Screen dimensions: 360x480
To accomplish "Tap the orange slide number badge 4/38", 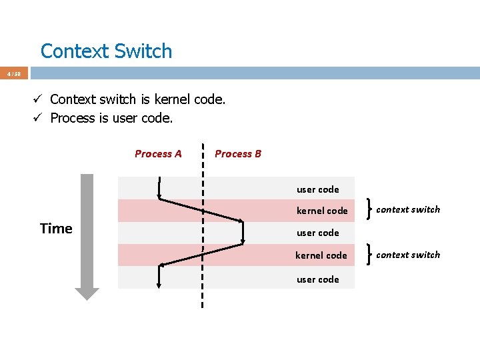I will (13, 74).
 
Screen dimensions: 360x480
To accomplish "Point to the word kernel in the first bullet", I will (172, 100).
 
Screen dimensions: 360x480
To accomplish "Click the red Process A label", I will (158, 154).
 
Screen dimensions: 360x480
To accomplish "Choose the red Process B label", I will (238, 154).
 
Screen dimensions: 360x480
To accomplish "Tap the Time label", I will (56, 229).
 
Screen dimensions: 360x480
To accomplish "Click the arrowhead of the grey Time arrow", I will (87, 293).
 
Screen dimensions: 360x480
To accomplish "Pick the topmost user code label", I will (317, 189).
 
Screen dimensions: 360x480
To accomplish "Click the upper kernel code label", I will (322, 211).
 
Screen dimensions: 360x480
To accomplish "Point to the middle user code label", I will (317, 233).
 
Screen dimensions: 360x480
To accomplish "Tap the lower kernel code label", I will (321, 255).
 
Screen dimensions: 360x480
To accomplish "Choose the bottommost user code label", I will (317, 279).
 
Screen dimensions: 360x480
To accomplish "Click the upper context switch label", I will (408, 209).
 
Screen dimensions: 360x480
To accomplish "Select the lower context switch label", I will (408, 255).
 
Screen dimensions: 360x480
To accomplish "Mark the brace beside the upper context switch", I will (369, 210).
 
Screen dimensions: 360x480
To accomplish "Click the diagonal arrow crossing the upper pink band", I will (200, 210).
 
